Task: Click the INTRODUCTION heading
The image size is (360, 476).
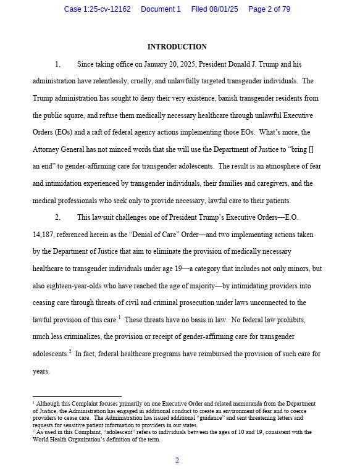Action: tap(177, 47)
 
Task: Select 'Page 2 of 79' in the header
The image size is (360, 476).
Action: tap(269, 9)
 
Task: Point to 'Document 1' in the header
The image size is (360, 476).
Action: tap(161, 9)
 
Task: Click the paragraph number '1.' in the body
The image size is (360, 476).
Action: tap(57, 64)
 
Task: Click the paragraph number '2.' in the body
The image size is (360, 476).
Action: tap(57, 217)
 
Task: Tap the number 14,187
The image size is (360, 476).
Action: tap(45, 235)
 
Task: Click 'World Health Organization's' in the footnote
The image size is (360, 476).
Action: tap(70, 440)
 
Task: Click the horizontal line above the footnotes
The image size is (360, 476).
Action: tap(77, 396)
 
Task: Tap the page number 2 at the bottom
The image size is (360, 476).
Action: tap(177, 460)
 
